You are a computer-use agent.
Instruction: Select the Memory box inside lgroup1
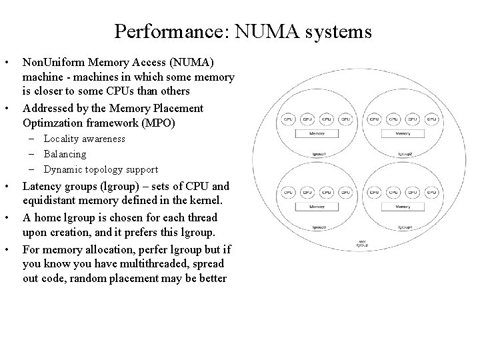pyautogui.click(x=317, y=134)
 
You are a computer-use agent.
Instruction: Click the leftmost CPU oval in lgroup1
pyautogui.click(x=289, y=119)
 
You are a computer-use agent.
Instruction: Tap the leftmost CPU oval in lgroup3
pyautogui.click(x=289, y=193)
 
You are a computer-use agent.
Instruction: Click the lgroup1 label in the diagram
pyautogui.click(x=317, y=153)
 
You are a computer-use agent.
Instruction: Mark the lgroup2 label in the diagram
pyautogui.click(x=405, y=153)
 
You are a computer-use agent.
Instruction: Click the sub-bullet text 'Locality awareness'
pyautogui.click(x=84, y=139)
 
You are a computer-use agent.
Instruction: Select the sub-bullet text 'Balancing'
pyautogui.click(x=65, y=154)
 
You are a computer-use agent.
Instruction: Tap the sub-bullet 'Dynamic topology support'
pyautogui.click(x=101, y=169)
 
